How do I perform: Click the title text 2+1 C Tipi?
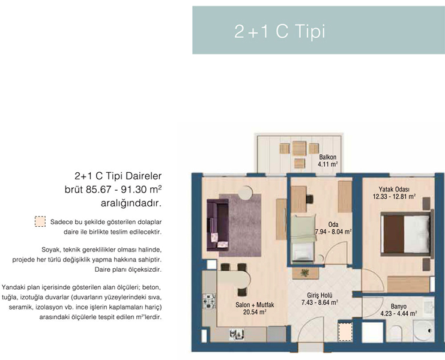pos(279,31)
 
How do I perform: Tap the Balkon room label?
pos(327,157)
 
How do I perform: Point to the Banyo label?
pos(398,307)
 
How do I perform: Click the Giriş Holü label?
pos(319,295)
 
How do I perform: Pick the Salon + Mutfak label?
pos(255,305)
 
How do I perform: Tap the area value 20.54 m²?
pos(254,312)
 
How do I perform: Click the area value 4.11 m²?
pos(327,164)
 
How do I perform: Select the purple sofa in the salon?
pos(217,225)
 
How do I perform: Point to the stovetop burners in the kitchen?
pos(209,301)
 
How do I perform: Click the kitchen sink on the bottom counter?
pos(237,334)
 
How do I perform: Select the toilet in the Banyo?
pos(396,333)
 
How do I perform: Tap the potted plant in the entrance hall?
pos(305,273)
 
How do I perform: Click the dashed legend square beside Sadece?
pos(40,221)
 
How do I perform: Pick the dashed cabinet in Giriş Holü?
pos(345,332)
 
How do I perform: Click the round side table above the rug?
pos(245,193)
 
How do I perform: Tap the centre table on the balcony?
pos(300,148)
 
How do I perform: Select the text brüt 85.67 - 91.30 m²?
pos(113,190)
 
